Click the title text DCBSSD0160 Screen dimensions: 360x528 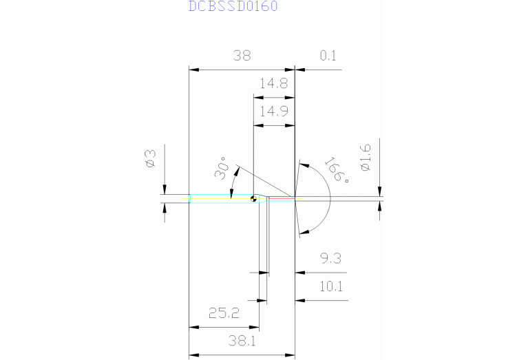[224, 7]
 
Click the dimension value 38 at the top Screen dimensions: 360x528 [242, 56]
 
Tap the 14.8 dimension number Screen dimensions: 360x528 [273, 84]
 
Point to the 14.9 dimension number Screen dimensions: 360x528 [273, 112]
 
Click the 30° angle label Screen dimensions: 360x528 [222, 169]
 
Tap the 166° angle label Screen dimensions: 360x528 [336, 170]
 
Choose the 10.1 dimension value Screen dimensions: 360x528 [330, 286]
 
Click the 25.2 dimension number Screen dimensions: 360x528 [224, 314]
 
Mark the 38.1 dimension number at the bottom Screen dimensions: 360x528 [242, 340]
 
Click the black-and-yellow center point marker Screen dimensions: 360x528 [254, 199]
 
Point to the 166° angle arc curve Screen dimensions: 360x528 [331, 198]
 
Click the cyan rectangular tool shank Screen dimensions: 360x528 [220, 199]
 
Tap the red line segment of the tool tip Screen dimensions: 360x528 [281, 198]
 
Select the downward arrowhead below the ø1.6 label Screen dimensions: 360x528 [379, 191]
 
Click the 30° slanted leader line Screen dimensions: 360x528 [265, 182]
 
